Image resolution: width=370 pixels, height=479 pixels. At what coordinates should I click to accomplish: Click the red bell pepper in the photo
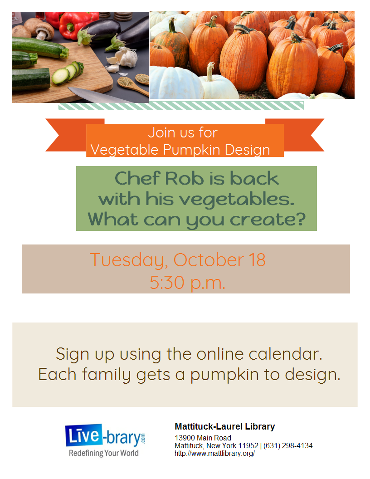tap(73, 25)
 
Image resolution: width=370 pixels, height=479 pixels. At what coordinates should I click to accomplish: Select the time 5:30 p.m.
tap(187, 283)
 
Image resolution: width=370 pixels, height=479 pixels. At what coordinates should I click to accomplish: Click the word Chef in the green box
tap(137, 178)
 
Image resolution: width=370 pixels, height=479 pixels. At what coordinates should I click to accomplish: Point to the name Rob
tap(184, 178)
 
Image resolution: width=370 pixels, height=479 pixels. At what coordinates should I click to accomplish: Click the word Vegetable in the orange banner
tap(125, 150)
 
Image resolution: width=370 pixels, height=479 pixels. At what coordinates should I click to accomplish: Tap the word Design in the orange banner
tap(247, 150)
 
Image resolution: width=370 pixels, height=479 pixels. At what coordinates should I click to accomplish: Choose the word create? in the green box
tap(268, 220)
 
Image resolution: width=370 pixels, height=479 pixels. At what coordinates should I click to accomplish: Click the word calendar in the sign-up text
tap(285, 354)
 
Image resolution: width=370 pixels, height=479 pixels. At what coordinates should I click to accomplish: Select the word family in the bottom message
tap(106, 375)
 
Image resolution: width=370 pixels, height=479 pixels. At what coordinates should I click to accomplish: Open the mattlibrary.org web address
tap(214, 453)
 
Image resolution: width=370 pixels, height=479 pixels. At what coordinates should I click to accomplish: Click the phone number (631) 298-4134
tap(288, 446)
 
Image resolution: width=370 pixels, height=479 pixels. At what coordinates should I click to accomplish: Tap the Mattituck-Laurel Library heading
tap(225, 426)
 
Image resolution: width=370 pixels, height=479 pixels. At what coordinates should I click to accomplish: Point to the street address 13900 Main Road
tap(203, 438)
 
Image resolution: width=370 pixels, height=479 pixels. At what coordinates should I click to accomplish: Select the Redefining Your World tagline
tap(104, 453)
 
